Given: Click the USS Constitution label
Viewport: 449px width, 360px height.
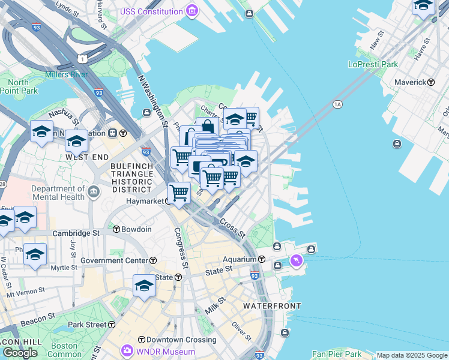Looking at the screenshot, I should click(151, 11).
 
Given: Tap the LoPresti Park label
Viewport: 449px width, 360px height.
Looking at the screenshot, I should click(373, 64).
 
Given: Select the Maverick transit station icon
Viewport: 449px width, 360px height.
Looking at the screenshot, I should click(430, 82).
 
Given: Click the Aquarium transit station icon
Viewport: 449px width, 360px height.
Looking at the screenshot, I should click(262, 259).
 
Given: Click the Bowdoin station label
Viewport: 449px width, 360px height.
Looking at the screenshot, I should click(136, 230).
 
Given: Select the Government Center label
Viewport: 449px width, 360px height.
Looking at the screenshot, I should click(114, 260).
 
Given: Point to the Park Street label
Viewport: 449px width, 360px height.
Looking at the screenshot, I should click(87, 325).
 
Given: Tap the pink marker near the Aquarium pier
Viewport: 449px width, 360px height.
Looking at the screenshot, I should click(296, 260).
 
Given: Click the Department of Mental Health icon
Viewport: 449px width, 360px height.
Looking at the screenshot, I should click(94, 192).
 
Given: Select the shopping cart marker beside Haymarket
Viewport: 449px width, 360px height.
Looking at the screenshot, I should click(179, 193).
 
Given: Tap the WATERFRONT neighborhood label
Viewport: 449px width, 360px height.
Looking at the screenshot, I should click(272, 306).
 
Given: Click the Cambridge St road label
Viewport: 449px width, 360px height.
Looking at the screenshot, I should click(76, 233).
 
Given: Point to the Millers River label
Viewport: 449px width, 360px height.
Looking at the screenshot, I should click(66, 74).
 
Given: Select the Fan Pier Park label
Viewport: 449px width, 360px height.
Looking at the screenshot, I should click(337, 355).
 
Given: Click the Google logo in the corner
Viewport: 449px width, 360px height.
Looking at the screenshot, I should click(20, 353).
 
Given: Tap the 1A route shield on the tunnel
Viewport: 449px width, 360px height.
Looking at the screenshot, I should click(337, 104).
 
